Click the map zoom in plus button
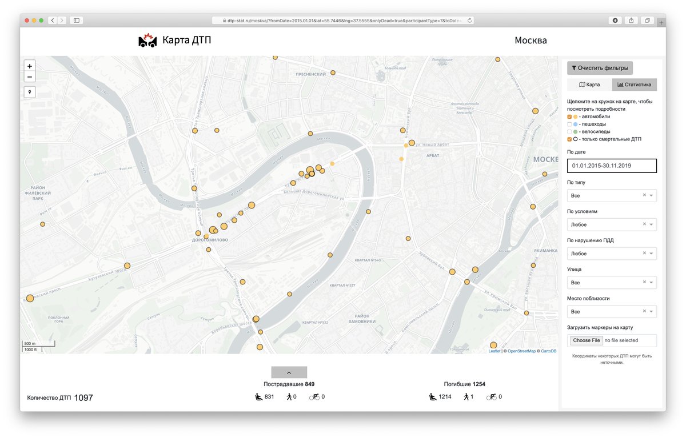(x=30, y=66)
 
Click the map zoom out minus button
(x=30, y=77)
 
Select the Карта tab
(x=589, y=85)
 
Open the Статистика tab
(x=635, y=85)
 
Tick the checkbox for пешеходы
(x=569, y=124)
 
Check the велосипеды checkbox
(x=569, y=132)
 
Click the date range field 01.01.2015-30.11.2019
(x=612, y=166)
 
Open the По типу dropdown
(x=612, y=195)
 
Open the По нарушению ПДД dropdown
(x=612, y=254)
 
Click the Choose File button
(x=587, y=340)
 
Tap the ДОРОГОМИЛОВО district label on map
(x=209, y=240)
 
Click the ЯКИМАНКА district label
(x=547, y=250)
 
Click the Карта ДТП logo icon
(x=147, y=41)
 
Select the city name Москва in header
(x=531, y=41)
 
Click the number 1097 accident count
(x=83, y=398)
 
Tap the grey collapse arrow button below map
(x=289, y=372)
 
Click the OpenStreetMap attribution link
(x=521, y=351)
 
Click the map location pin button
(x=30, y=91)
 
